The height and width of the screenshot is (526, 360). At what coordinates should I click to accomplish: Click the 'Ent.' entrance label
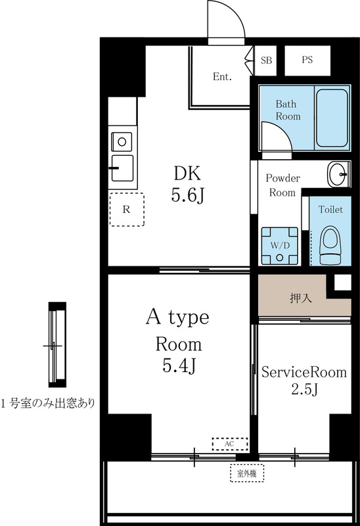222,77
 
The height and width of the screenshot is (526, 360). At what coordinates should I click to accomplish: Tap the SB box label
266,60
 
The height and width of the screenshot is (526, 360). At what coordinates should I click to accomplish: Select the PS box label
307,60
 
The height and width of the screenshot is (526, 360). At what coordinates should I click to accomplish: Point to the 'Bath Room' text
287,110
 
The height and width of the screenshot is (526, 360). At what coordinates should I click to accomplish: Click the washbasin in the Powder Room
340,175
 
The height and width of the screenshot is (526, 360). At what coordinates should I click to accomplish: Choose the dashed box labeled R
126,210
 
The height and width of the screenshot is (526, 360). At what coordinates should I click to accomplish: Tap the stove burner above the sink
122,140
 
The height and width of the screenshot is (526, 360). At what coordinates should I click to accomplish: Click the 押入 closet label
302,297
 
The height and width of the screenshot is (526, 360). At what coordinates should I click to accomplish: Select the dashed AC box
229,444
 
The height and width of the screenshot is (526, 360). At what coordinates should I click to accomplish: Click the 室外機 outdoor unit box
246,472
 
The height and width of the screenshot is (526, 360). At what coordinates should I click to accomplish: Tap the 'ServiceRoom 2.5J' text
303,381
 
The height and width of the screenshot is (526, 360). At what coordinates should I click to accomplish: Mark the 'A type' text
177,318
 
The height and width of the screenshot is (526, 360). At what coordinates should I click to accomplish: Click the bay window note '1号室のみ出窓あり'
47,403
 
